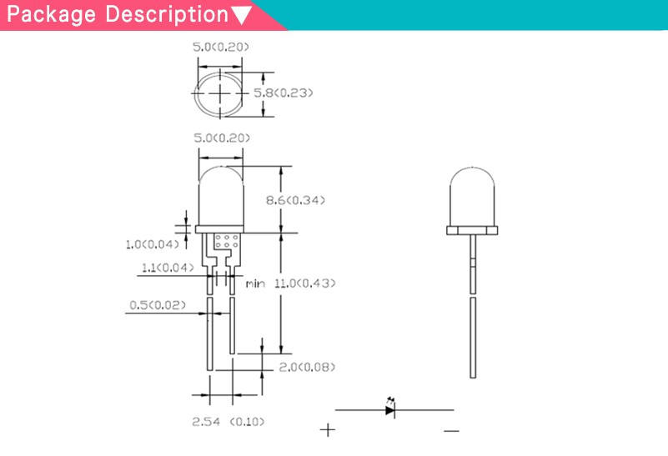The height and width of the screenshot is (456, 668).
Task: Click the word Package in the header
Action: pyautogui.click(x=52, y=14)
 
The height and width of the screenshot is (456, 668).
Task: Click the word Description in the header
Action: pyautogui.click(x=167, y=14)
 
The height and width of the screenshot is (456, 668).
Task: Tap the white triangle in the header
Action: pyautogui.click(x=242, y=15)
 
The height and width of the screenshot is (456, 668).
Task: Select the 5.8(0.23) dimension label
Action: pyautogui.click(x=284, y=93)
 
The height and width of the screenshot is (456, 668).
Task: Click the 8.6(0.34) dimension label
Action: pyautogui.click(x=295, y=200)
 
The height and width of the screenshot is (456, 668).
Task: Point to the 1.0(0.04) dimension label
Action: pyautogui.click(x=152, y=244)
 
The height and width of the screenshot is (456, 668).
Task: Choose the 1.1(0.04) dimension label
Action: pyautogui.click(x=168, y=268)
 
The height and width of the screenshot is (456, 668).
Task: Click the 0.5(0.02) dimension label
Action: pyautogui.click(x=158, y=305)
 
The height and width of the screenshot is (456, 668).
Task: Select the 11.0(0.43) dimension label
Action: pyautogui.click(x=304, y=283)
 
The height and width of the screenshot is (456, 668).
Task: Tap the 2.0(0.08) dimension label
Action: pyautogui.click(x=307, y=367)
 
